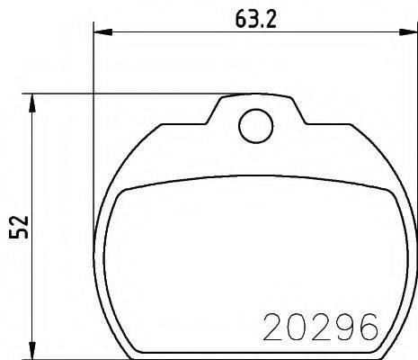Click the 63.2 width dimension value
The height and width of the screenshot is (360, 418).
[253, 18]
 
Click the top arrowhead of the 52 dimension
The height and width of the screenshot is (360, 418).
[34, 99]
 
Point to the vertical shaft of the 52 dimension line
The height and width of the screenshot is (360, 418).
[34, 180]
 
